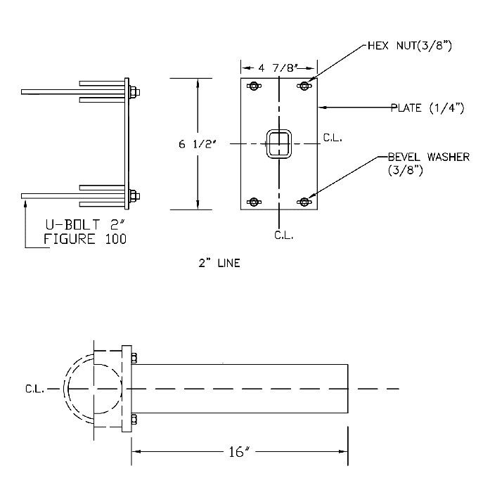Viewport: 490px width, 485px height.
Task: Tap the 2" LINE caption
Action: click(219, 264)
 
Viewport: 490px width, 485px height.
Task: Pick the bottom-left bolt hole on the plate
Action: click(254, 202)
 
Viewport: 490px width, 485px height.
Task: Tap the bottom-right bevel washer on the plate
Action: click(304, 202)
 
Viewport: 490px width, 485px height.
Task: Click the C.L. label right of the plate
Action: click(332, 138)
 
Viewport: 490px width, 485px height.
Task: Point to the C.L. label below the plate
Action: click(283, 234)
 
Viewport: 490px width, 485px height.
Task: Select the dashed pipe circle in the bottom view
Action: click(94, 388)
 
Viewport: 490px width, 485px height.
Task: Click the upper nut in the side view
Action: click(134, 91)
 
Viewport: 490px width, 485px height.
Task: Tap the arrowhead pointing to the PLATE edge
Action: click(323, 108)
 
